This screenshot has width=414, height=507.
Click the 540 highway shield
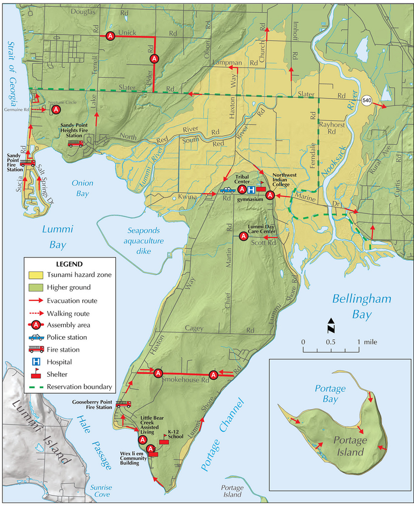coord(367,100)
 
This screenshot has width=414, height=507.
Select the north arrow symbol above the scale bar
coord(331,326)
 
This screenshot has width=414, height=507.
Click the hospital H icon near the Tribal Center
coord(251,190)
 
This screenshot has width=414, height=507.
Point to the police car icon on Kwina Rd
coord(228,190)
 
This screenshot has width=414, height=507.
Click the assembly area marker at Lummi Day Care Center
coord(243,237)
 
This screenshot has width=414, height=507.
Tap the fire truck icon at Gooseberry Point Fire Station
coord(123,404)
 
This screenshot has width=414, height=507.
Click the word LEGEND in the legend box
coord(69,264)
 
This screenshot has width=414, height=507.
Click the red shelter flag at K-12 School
coord(164,441)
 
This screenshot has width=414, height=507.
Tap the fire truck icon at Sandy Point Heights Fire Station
coord(75,144)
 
